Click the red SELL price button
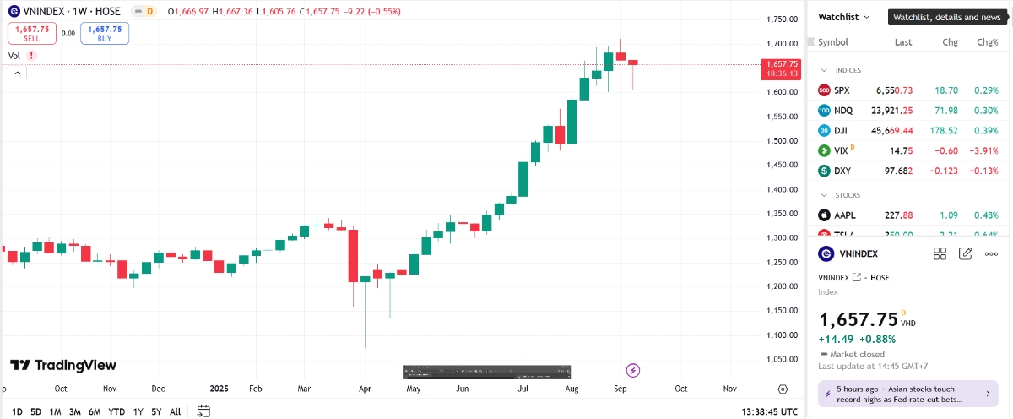pyautogui.click(x=32, y=33)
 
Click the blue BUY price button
pyautogui.click(x=105, y=33)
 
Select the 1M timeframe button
pyautogui.click(x=56, y=411)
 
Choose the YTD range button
pyautogui.click(x=117, y=411)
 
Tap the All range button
pyautogui.click(x=175, y=411)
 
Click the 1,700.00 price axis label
pyautogui.click(x=781, y=44)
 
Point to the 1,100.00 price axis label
pyautogui.click(x=781, y=335)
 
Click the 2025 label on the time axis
pyautogui.click(x=219, y=389)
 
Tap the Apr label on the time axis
pyautogui.click(x=366, y=389)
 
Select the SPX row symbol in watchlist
pyautogui.click(x=842, y=90)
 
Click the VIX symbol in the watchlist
pyautogui.click(x=841, y=150)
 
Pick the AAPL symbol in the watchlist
pyautogui.click(x=844, y=215)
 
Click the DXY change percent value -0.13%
pyautogui.click(x=987, y=171)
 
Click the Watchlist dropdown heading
pyautogui.click(x=843, y=17)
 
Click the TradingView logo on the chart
pyautogui.click(x=63, y=365)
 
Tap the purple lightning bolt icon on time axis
pyautogui.click(x=633, y=370)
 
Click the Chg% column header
pyautogui.click(x=987, y=42)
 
